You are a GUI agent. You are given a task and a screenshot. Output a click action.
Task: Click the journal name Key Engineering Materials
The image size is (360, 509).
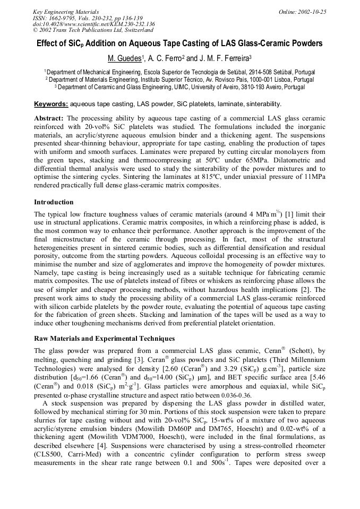[x=66, y=12]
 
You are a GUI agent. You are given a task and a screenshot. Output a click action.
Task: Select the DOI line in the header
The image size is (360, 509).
[x=93, y=24]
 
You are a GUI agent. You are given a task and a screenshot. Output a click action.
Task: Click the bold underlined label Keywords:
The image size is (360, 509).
[x=51, y=103]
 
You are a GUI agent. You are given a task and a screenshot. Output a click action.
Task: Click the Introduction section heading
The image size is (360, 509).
[x=54, y=202]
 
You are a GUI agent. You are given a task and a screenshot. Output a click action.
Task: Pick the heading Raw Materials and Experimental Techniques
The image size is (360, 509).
[x=104, y=338]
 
